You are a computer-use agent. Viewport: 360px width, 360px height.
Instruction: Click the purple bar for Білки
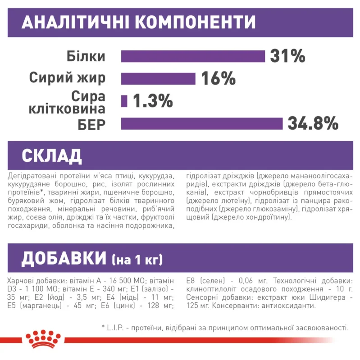point(193,56)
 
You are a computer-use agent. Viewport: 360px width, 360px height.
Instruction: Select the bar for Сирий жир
point(158,78)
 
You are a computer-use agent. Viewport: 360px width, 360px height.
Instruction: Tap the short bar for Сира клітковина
point(124,101)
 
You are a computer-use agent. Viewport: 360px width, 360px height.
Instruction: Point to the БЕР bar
point(201,123)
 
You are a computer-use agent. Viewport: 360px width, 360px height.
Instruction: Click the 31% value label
point(288,56)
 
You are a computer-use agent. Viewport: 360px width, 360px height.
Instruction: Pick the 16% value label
point(219,78)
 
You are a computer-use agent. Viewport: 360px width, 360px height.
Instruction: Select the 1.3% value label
point(153,101)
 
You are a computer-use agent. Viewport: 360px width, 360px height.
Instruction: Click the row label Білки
point(86,57)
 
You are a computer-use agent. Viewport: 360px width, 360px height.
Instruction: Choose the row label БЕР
point(90,123)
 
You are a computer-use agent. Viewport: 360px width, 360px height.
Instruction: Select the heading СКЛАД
point(52,155)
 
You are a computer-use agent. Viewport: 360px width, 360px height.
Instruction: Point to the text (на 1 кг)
point(137,260)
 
